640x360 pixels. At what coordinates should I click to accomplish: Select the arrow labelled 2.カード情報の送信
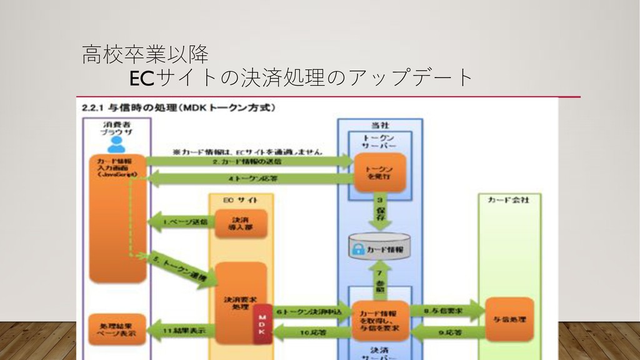[x=250, y=161]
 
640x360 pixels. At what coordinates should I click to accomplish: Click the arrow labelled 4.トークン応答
[x=250, y=179]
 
